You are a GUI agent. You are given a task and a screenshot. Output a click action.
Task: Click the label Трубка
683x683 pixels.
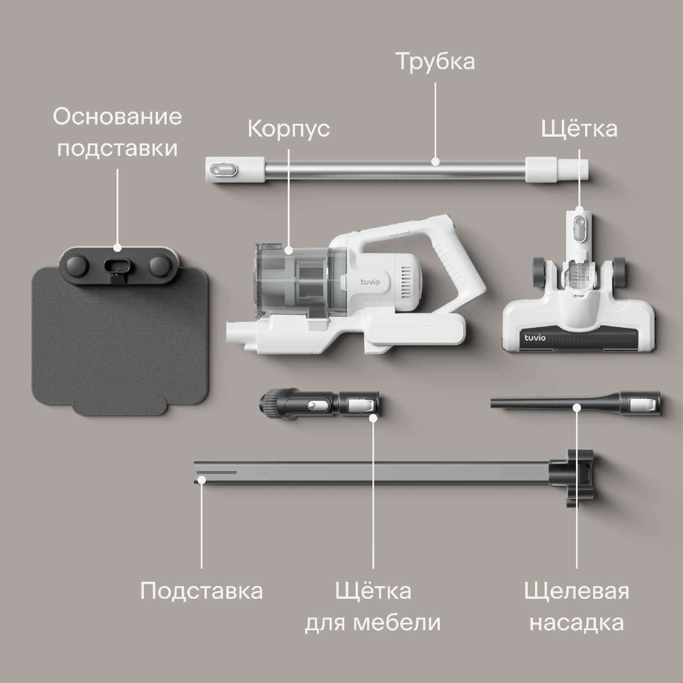[x=435, y=61]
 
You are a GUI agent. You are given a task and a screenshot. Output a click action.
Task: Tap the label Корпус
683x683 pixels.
[x=289, y=128]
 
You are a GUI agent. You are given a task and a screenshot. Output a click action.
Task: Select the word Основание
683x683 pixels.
[x=117, y=117]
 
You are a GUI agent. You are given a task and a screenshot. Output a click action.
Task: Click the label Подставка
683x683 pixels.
[x=201, y=591]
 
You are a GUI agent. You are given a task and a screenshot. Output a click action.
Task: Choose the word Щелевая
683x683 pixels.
[x=576, y=591]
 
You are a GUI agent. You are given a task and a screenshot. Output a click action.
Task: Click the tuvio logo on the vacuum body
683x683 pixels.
[x=370, y=282]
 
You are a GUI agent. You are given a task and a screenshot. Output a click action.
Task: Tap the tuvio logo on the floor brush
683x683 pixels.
[x=535, y=337]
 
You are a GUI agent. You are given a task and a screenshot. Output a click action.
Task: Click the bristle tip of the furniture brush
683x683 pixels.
[x=267, y=401]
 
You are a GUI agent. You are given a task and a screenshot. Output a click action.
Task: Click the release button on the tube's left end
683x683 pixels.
[x=222, y=169]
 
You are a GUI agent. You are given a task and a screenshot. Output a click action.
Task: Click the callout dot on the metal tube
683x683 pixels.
[x=435, y=161]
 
